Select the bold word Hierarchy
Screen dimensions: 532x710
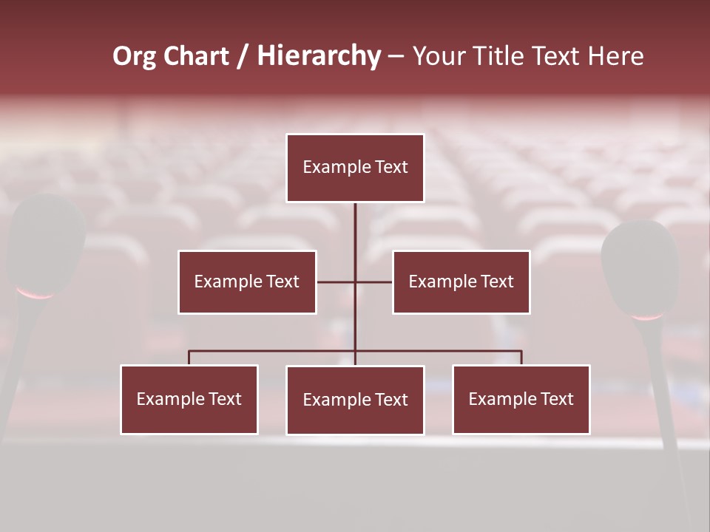tap(319, 56)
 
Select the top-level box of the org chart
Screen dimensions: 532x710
tap(355, 168)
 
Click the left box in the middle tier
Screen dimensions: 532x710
tap(247, 282)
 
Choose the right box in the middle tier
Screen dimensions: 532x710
tap(461, 282)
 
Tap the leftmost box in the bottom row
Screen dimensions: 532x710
tap(189, 399)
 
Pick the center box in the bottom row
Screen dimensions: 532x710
tap(355, 400)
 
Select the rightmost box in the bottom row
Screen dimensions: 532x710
tap(521, 399)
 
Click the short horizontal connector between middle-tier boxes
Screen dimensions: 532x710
tap(337, 282)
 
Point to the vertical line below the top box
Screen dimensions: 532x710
tap(355, 229)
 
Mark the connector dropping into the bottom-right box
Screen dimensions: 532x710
tap(521, 358)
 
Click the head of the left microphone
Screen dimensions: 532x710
tap(46, 240)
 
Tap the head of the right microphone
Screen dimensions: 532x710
tap(640, 266)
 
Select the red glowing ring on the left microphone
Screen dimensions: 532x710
tap(35, 295)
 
